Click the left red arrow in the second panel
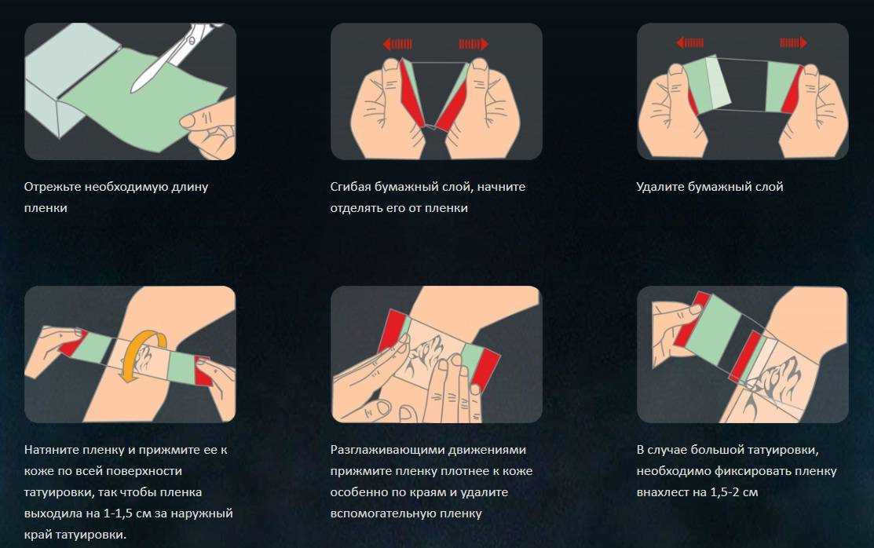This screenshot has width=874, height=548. [x=397, y=44]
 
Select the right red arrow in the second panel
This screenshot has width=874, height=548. [x=474, y=44]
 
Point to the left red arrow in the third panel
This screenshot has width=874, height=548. [x=690, y=42]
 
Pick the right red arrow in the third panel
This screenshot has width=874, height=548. [x=793, y=42]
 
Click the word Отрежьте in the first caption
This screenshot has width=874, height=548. [x=53, y=187]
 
